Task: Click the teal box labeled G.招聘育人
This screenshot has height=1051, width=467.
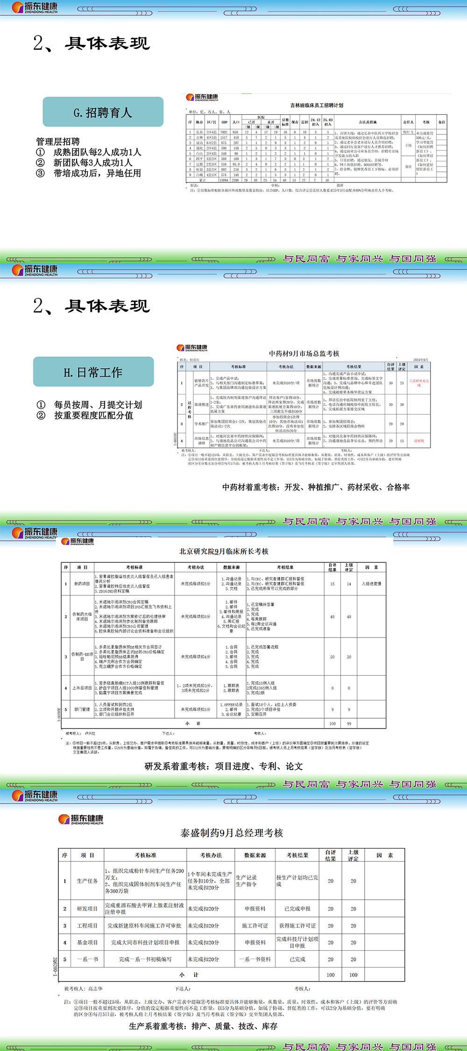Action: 103,112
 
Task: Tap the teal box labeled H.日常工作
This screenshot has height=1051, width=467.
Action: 93,372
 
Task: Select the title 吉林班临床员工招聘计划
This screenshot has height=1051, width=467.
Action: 317,105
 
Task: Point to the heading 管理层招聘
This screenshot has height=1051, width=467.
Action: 58,141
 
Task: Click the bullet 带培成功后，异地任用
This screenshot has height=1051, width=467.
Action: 97,173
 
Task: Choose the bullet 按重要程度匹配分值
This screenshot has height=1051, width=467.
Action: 93,415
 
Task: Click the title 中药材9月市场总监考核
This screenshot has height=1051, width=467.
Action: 304,354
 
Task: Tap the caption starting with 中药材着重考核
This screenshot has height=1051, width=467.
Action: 316,487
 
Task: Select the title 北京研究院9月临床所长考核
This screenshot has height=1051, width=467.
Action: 224,551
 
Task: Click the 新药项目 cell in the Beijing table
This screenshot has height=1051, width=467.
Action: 82,584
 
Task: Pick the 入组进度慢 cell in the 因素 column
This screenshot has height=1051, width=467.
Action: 372,584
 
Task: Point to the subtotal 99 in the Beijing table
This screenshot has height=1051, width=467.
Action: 349,724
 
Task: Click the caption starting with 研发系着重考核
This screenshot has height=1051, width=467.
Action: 224,766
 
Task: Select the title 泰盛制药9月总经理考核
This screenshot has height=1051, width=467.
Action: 232,833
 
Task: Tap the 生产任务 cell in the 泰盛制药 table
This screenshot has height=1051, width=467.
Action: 87,881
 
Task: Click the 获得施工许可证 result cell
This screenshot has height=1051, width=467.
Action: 297,926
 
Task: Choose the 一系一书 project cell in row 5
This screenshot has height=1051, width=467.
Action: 87,960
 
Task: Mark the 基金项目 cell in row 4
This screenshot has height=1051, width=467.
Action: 87,943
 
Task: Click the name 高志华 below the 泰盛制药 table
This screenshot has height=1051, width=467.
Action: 95,988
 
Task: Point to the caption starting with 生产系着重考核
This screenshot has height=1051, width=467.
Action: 203,1026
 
